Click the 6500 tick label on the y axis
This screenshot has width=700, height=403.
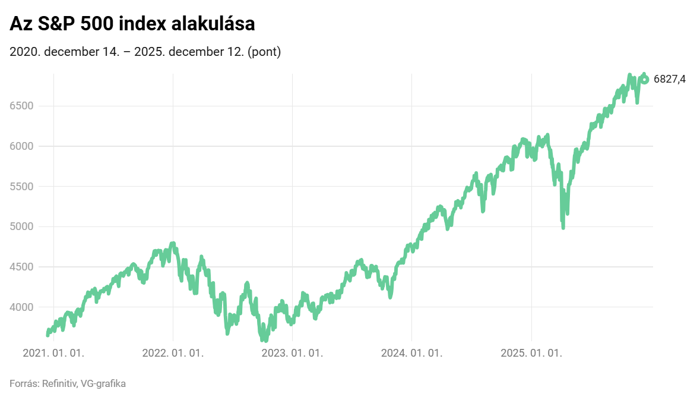click(x=21, y=106)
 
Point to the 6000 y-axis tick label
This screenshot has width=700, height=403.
click(x=21, y=146)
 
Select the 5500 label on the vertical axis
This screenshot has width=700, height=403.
click(x=21, y=186)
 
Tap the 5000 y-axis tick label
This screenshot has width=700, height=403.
click(x=21, y=226)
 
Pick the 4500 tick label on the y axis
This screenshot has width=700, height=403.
click(x=21, y=267)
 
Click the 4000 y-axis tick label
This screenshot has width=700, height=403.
click(x=21, y=307)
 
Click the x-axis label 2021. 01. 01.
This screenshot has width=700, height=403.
click(x=53, y=353)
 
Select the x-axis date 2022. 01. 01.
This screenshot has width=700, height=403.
click(x=173, y=353)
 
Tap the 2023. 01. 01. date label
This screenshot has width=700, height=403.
click(x=293, y=353)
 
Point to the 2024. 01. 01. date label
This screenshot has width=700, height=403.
click(x=412, y=353)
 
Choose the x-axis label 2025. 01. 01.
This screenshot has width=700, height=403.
click(x=531, y=353)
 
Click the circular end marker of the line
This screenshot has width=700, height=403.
click(x=645, y=80)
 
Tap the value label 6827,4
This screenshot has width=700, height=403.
click(x=670, y=80)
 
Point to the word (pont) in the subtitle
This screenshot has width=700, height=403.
click(x=264, y=52)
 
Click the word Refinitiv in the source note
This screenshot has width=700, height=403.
click(x=59, y=383)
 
